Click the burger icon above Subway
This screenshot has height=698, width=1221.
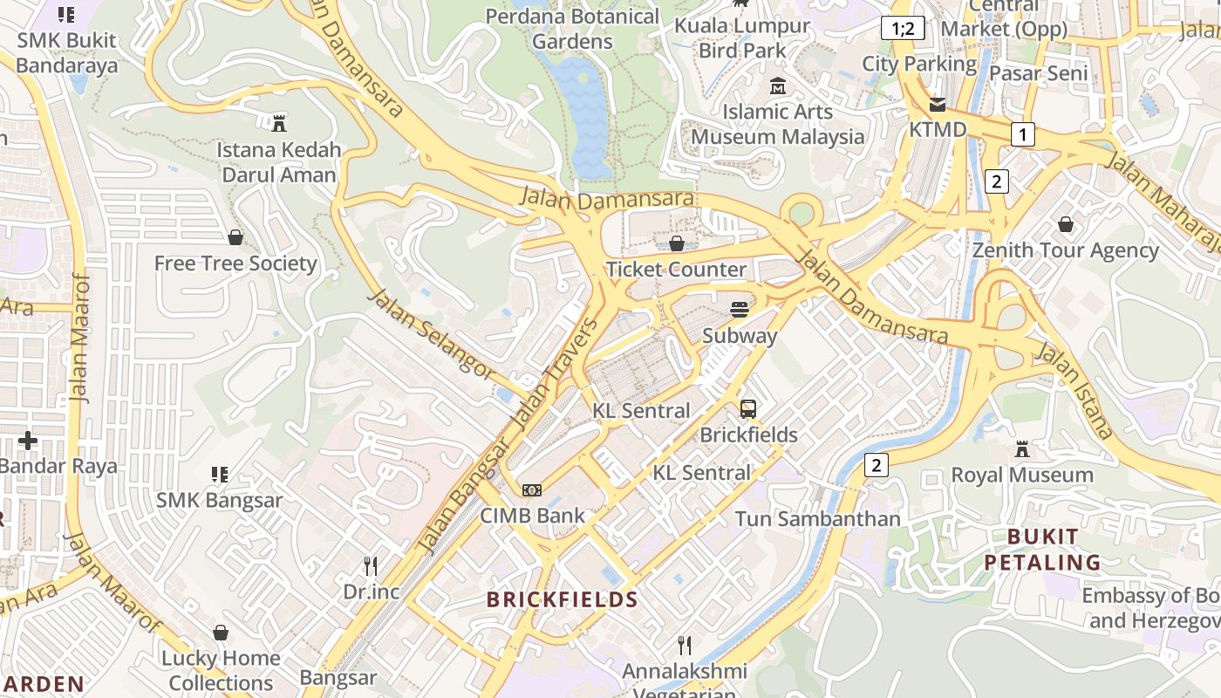click(740, 309)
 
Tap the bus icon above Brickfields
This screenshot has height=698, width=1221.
click(748, 408)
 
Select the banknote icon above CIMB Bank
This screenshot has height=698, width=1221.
click(532, 490)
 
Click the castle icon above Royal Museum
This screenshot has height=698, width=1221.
click(1022, 449)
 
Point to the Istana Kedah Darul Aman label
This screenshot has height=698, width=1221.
click(279, 162)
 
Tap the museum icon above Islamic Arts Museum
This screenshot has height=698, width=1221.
click(778, 86)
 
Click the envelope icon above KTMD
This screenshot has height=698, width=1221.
click(938, 105)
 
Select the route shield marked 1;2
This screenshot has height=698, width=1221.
click(902, 28)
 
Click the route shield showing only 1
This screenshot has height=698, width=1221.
click(1022, 134)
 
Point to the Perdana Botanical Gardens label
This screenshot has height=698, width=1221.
click(572, 29)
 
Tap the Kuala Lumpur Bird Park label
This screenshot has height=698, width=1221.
click(742, 38)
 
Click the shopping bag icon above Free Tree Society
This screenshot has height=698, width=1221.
click(235, 237)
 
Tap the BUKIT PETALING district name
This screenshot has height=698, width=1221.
click(1043, 549)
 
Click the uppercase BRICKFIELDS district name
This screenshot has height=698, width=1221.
click(563, 599)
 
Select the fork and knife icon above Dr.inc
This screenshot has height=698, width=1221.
click(371, 565)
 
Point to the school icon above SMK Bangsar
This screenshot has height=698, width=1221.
click(220, 475)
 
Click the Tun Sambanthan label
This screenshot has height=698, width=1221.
click(817, 519)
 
